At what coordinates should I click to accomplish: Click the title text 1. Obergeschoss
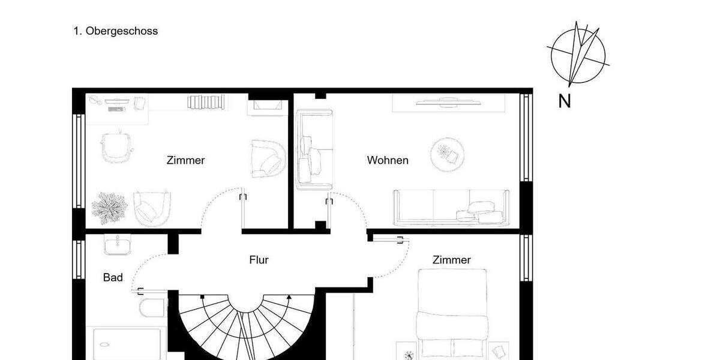[x=116, y=31]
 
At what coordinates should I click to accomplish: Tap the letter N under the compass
[x=564, y=102]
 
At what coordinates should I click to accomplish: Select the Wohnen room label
[x=388, y=160]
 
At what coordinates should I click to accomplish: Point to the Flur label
[x=259, y=260]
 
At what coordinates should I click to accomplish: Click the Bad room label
[x=113, y=278]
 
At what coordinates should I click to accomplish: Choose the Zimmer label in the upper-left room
[x=185, y=160]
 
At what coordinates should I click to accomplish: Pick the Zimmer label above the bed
[x=452, y=260]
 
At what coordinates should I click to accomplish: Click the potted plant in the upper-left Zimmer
[x=109, y=207]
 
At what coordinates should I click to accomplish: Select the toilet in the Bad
[x=152, y=307]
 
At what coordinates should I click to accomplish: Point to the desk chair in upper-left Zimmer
[x=116, y=146]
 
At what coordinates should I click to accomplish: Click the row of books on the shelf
[x=208, y=102]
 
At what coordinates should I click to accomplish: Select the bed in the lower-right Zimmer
[x=452, y=312]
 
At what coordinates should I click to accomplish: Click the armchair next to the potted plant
[x=152, y=206]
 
